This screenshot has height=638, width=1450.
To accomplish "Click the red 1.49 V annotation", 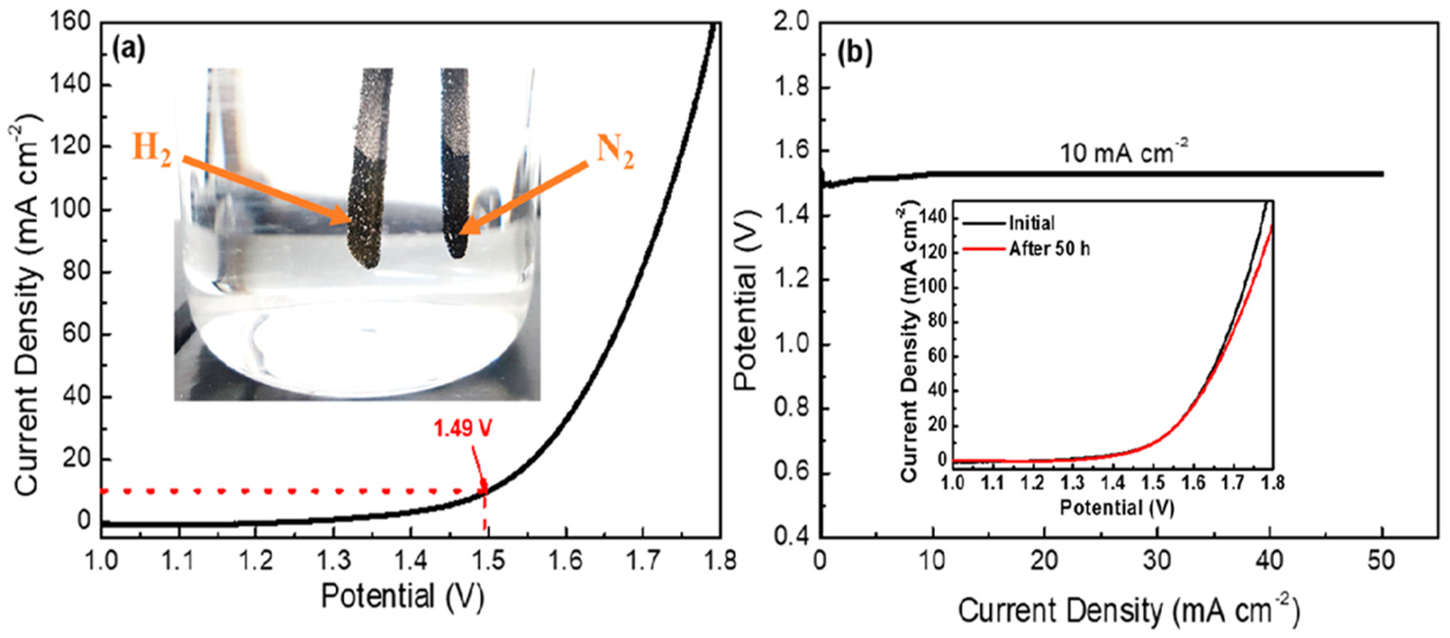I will [x=463, y=429].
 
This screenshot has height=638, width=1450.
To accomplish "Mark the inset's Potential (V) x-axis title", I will [x=1117, y=508].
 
